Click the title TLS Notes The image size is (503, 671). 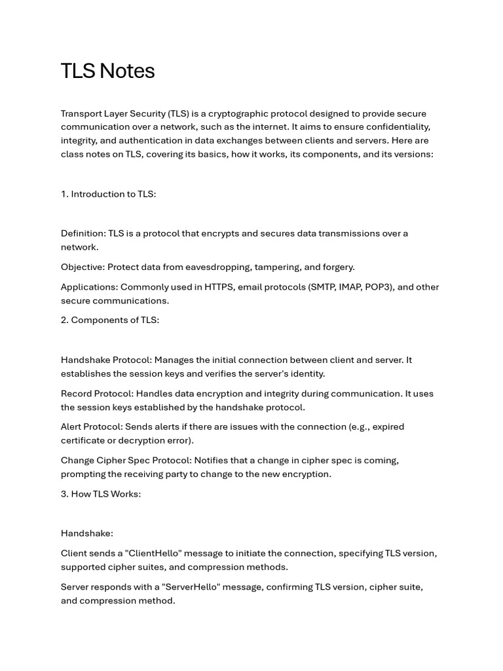click(x=107, y=71)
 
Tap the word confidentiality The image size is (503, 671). click(x=396, y=126)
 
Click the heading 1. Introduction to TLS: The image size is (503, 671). click(x=108, y=194)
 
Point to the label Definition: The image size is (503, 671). click(x=83, y=233)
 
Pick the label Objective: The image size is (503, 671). click(x=83, y=267)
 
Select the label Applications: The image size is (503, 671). click(x=89, y=287)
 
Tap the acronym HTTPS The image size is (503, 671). click(x=219, y=287)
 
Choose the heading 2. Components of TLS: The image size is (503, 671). click(x=110, y=320)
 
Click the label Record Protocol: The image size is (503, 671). click(x=97, y=393)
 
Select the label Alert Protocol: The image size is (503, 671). click(x=92, y=427)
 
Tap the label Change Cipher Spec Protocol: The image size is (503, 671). click(x=126, y=460)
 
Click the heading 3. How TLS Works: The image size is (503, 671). click(x=101, y=493)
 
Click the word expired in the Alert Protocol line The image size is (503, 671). click(x=386, y=427)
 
